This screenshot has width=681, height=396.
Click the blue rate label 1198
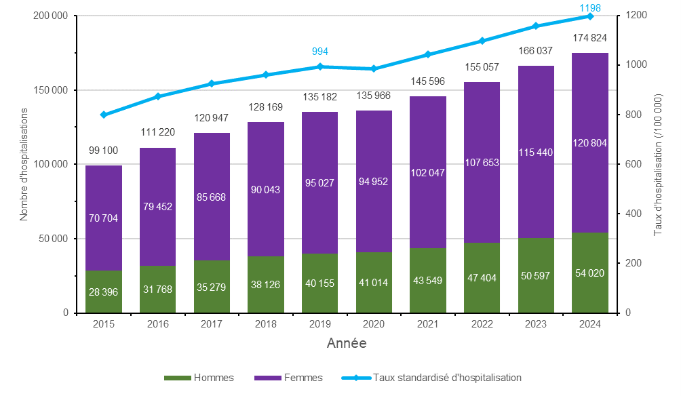click(x=590, y=7)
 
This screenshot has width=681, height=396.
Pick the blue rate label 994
click(x=320, y=52)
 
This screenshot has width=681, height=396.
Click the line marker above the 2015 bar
click(x=104, y=115)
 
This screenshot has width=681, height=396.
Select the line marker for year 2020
click(x=374, y=68)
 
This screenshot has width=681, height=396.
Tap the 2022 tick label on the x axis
click(x=482, y=324)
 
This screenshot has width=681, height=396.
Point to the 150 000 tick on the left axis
click(x=52, y=90)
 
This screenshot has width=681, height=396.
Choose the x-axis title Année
click(x=347, y=344)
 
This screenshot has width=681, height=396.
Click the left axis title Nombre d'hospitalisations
click(x=23, y=164)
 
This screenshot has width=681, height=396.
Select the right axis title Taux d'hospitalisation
click(x=657, y=164)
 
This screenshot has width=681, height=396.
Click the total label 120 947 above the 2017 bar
click(x=212, y=119)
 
